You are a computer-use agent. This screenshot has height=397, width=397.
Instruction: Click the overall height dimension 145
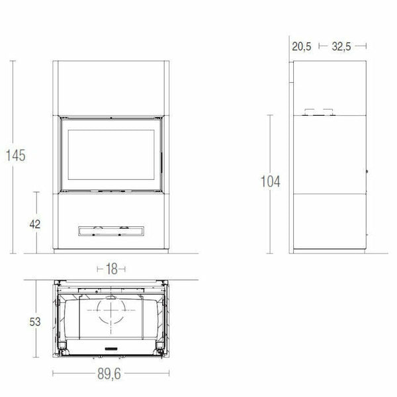(15, 156)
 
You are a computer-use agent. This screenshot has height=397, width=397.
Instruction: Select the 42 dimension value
(36, 224)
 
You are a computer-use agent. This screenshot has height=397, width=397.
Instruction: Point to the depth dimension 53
(36, 322)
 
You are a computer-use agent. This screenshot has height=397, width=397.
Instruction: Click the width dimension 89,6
(110, 375)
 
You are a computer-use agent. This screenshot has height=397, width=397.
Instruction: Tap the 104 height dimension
(271, 181)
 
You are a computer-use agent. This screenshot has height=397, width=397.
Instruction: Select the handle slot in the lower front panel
(110, 230)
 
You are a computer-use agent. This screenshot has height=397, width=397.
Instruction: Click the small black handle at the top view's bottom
(110, 347)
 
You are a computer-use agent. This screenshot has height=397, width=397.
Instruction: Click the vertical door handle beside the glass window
(159, 159)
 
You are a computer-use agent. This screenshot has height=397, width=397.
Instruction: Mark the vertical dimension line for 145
(13, 99)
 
